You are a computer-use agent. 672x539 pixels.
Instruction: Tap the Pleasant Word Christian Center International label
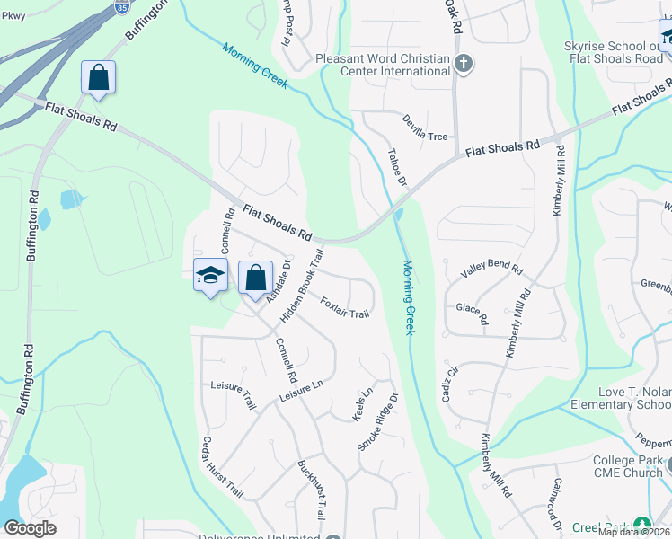click(383, 65)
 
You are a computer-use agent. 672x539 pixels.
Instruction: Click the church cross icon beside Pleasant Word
click(463, 63)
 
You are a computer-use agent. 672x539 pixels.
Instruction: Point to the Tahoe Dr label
click(396, 168)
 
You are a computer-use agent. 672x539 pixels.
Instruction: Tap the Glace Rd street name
click(472, 314)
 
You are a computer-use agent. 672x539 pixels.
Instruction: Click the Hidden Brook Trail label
click(300, 287)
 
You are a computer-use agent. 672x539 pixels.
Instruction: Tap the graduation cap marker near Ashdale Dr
click(210, 276)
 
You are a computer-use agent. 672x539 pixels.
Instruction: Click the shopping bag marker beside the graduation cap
click(255, 277)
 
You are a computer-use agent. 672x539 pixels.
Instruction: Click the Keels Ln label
click(364, 404)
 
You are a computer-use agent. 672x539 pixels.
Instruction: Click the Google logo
click(30, 528)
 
